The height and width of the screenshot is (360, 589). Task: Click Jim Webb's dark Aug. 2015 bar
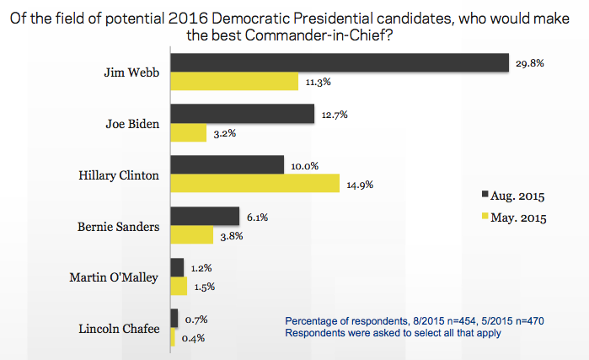coord(340,63)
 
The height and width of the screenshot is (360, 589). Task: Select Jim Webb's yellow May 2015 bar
coord(235,82)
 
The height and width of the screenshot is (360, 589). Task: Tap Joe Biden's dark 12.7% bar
coord(243,114)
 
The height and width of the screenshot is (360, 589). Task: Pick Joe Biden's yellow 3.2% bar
coord(189,132)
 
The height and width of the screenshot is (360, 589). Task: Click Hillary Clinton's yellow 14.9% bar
coord(255,184)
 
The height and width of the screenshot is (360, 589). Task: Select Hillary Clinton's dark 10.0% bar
coord(228,165)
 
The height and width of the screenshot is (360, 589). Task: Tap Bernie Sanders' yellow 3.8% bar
coord(192,235)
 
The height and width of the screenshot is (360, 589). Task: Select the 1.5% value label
coord(204,287)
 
